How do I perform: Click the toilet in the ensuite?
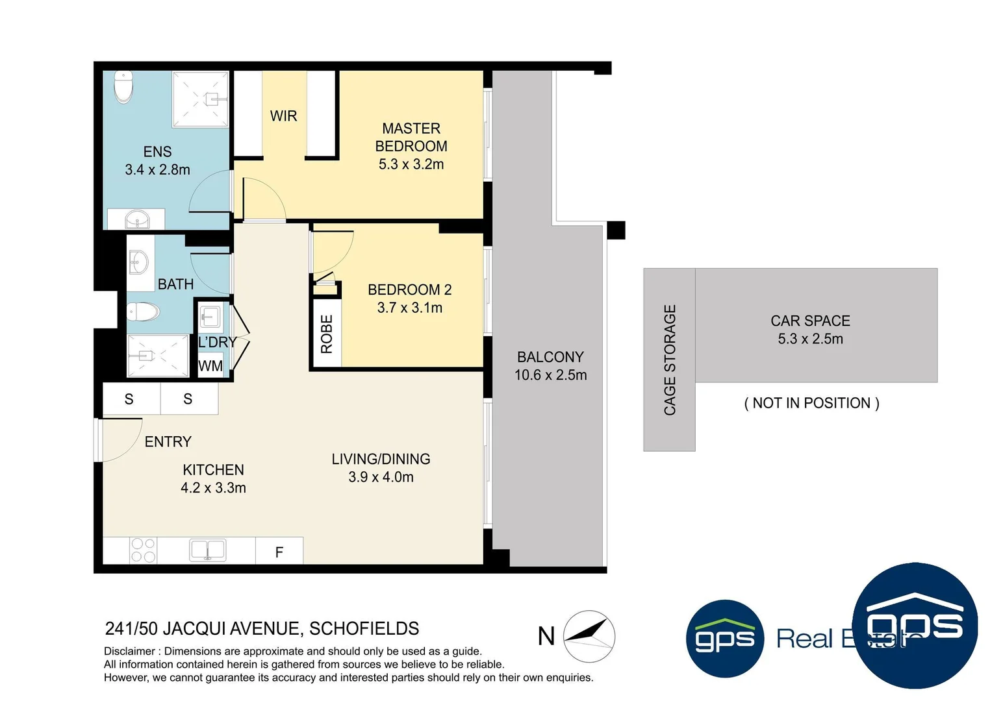click(x=123, y=87)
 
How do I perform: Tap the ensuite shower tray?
click(x=200, y=99)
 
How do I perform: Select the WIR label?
click(x=283, y=116)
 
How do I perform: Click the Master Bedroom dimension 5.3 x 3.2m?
click(x=411, y=165)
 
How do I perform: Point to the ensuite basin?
click(x=137, y=221)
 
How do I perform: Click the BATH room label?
click(x=175, y=284)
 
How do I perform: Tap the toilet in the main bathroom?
click(x=143, y=312)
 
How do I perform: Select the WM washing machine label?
click(x=210, y=366)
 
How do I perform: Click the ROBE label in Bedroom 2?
click(x=326, y=334)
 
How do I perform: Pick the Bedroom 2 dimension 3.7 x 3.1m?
click(x=409, y=308)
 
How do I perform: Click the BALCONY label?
click(x=550, y=357)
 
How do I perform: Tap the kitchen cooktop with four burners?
click(x=143, y=550)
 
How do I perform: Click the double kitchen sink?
click(x=207, y=550)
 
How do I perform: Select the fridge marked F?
click(x=279, y=552)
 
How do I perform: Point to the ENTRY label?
click(x=168, y=442)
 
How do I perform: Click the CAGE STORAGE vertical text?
click(x=670, y=360)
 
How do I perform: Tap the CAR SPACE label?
click(x=810, y=321)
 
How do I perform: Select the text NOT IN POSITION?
click(x=811, y=403)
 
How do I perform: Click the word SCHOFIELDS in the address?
click(x=364, y=629)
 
